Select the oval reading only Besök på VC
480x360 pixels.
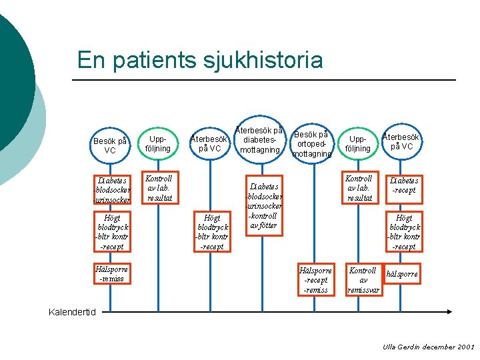tap(110, 145)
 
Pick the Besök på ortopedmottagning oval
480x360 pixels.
tap(311, 143)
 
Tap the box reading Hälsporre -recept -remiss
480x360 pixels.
tap(315, 280)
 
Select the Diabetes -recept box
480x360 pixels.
tap(404, 185)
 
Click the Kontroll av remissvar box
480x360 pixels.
tap(363, 280)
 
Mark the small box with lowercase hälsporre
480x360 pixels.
tap(402, 274)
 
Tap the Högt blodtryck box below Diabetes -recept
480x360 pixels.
tap(404, 232)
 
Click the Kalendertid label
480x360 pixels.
tap(73, 312)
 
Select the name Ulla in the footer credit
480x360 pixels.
tap(389, 347)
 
